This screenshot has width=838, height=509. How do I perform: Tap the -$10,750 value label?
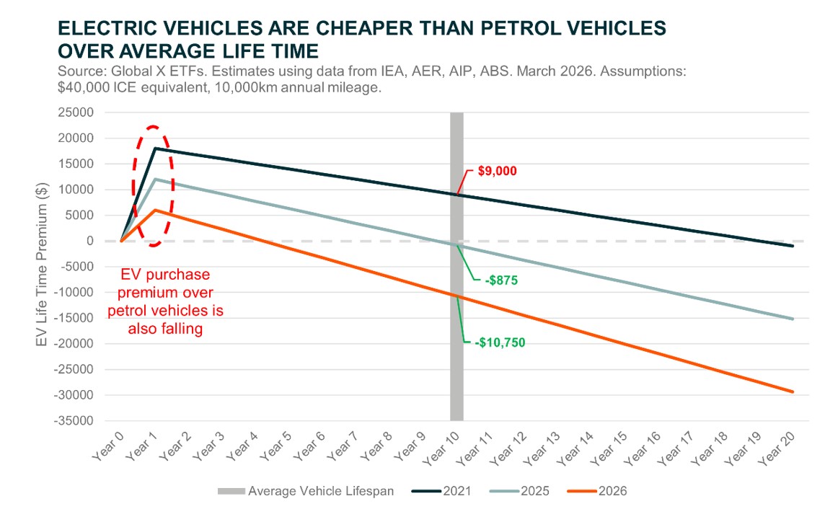(500, 342)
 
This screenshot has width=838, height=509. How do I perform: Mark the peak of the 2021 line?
(155, 149)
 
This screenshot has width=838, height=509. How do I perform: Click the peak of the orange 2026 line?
(155, 210)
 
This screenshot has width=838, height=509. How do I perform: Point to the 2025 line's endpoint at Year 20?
(793, 319)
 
